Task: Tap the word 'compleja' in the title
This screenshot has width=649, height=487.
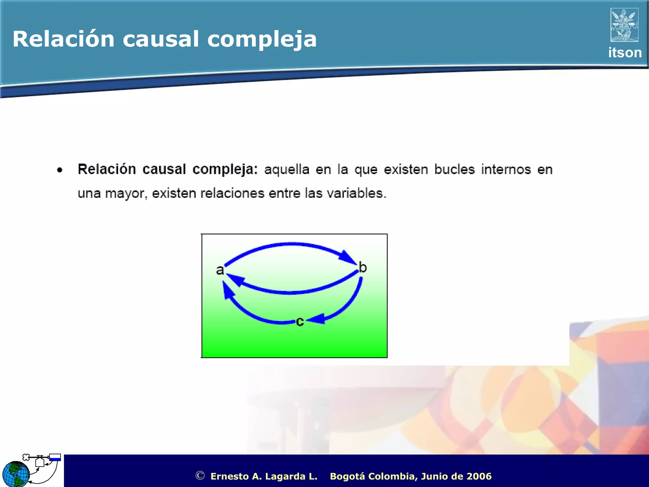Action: click(x=262, y=40)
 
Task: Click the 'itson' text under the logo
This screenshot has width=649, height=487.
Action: click(x=625, y=53)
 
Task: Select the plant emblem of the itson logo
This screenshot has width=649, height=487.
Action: click(x=624, y=25)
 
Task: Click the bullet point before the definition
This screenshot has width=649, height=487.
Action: click(x=60, y=170)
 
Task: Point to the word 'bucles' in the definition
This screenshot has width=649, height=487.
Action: click(x=454, y=169)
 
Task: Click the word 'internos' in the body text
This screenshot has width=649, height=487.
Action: click(x=505, y=169)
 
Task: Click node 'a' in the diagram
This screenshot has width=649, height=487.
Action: click(x=220, y=270)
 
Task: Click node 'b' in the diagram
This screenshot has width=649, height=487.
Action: click(x=363, y=268)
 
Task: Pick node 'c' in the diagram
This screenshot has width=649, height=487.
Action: click(x=300, y=321)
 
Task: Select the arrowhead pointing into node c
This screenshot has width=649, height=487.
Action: click(x=317, y=319)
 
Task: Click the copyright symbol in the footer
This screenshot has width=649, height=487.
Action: click(x=200, y=476)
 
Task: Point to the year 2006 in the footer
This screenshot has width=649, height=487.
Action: click(x=479, y=476)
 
